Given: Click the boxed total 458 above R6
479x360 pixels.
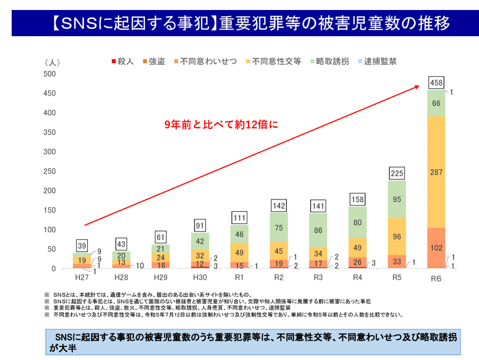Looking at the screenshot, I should point(437,83).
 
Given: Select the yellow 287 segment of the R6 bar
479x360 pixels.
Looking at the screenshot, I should point(437,172).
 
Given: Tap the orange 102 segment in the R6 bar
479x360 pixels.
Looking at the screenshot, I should point(437,248).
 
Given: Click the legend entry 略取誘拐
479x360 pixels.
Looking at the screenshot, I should point(332,62).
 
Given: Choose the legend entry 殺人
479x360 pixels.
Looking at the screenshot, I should point(123,62).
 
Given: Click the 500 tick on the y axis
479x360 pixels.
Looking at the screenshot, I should point(51,74).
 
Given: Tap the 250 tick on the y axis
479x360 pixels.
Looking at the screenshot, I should point(51,171).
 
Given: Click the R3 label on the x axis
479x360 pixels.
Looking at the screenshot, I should point(318,277).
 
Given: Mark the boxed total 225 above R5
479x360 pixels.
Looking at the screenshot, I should point(397,173).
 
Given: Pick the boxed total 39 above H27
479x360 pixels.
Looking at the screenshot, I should point(82,246).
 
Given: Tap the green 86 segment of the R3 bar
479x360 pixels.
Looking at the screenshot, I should point(318,230).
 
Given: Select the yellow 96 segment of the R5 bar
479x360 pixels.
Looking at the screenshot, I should point(397,236).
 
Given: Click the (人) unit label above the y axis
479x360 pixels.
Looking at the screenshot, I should point(53,62).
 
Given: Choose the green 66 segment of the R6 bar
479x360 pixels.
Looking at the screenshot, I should point(437,103).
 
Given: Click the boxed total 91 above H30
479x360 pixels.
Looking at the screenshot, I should point(200,226).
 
